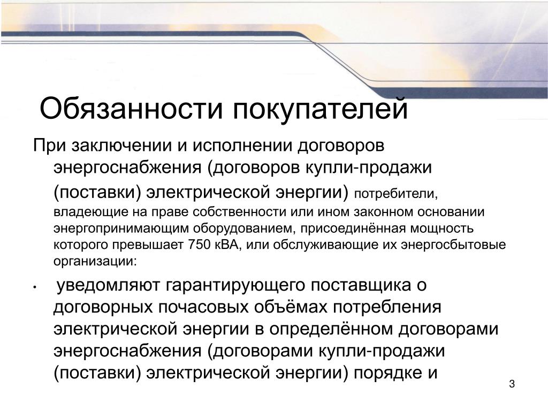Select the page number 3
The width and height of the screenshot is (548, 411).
pos(512,384)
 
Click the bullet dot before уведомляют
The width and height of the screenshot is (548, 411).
pos(35,287)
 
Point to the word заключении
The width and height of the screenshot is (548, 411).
pos(121,146)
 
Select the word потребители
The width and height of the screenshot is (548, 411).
pos(394,194)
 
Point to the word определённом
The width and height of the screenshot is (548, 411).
pos(331,330)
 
